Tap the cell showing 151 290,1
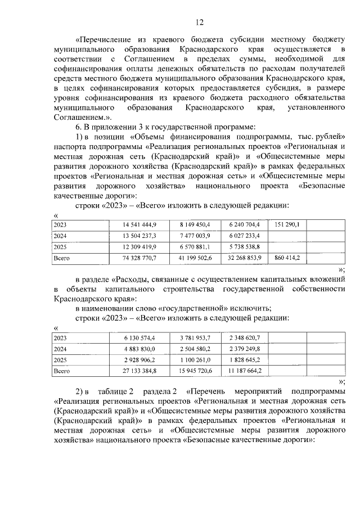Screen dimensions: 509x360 click(x=287, y=225)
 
